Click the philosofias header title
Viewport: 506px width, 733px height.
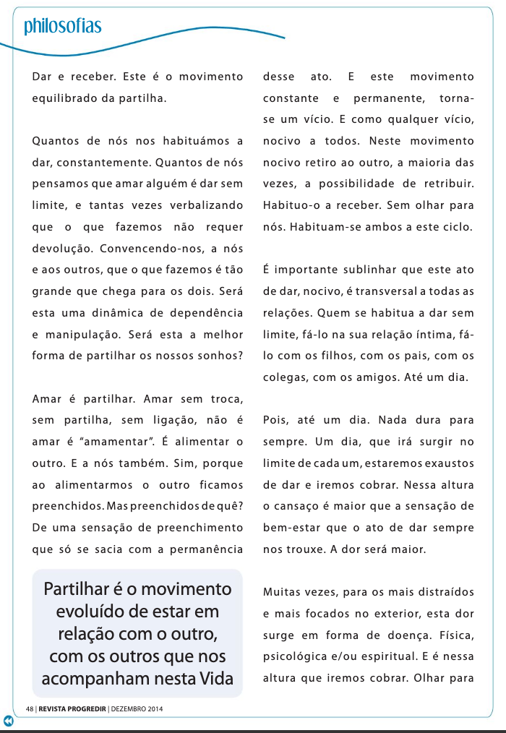click(x=62, y=27)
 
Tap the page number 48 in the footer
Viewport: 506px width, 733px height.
click(x=30, y=708)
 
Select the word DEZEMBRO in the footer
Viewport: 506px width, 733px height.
click(x=127, y=708)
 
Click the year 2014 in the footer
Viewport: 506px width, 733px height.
click(x=154, y=708)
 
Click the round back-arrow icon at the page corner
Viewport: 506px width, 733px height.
click(x=8, y=721)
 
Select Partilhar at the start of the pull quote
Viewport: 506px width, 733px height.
click(x=74, y=589)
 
